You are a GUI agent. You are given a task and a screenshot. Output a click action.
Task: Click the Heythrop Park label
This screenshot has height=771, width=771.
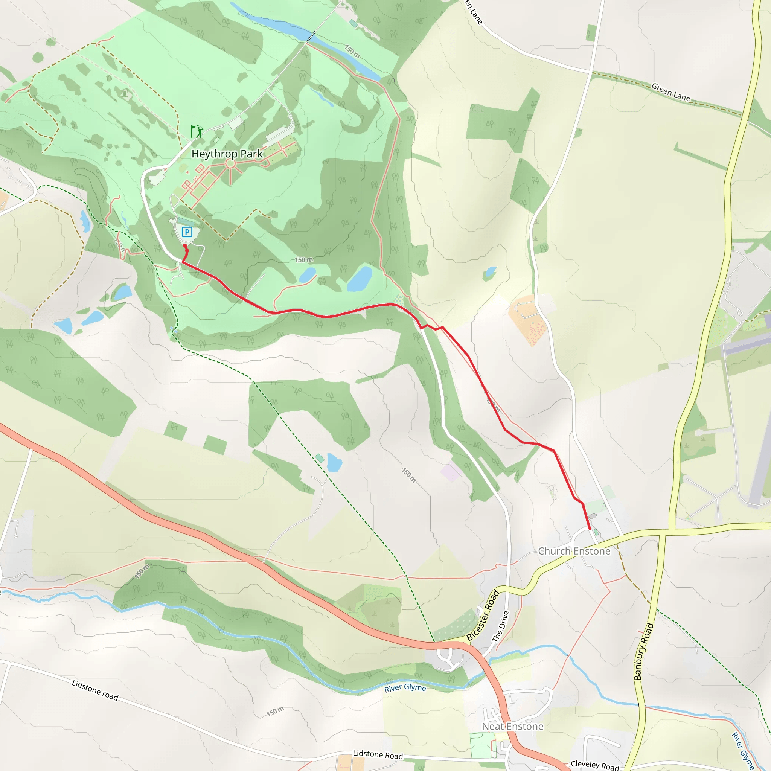coord(227,154)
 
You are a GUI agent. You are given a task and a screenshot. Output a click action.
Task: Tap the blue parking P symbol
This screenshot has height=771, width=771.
coord(187,232)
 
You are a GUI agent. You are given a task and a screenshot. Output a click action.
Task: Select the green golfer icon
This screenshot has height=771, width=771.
coord(197,131)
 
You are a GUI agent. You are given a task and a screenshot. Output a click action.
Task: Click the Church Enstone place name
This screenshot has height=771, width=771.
coord(574,551)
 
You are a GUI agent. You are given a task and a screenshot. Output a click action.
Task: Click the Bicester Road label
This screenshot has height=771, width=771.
coord(483,616)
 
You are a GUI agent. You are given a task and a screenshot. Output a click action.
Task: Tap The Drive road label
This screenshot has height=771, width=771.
coord(500,626)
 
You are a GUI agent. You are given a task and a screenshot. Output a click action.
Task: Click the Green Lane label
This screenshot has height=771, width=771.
coord(670,92)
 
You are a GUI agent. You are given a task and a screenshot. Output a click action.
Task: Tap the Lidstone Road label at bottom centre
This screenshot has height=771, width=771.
coord(378,755)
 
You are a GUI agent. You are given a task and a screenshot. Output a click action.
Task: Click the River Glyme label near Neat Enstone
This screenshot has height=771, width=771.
coord(405,687)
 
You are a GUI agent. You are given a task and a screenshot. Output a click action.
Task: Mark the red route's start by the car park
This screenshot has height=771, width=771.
coord(185,246)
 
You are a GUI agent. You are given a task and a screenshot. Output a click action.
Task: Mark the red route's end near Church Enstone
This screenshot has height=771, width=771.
coord(590,529)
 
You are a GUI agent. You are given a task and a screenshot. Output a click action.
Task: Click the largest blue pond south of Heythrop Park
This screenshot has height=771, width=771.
coord(360,279)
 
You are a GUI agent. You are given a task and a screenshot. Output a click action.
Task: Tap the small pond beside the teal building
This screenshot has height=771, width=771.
coord(334,463)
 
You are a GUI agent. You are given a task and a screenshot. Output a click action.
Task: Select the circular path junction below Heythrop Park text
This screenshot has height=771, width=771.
coord(230,164)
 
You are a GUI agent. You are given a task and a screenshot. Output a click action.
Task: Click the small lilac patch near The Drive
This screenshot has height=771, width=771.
coord(450,471)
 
